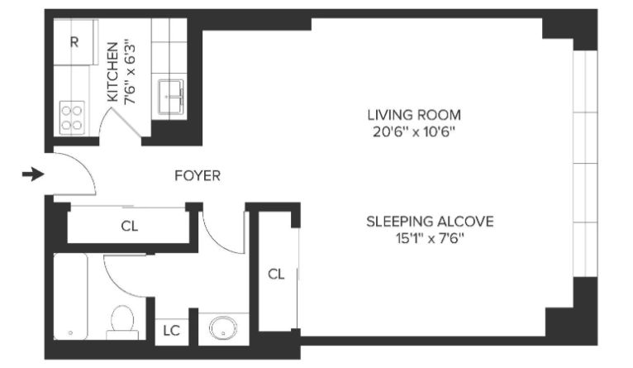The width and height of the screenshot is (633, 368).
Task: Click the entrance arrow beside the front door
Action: point(33,174)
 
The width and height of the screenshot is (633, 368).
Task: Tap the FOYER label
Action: point(198,175)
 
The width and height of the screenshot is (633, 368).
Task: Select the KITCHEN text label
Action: point(112,72)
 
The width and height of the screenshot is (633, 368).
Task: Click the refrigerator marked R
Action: point(75,41)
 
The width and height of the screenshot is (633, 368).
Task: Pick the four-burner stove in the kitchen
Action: point(72,117)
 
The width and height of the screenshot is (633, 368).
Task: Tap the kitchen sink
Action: point(171,97)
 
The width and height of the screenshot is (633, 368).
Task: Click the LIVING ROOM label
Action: point(414,115)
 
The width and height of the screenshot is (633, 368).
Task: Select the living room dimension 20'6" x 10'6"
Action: point(414,132)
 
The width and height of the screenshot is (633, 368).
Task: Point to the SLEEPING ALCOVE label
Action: point(430,222)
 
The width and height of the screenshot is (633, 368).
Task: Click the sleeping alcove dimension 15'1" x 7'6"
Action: point(430,239)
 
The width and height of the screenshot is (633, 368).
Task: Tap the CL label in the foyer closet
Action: point(130,226)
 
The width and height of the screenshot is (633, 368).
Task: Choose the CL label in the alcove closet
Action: point(276,275)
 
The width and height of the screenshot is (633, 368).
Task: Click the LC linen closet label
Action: point(171,331)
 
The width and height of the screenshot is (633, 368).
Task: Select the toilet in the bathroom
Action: point(122,323)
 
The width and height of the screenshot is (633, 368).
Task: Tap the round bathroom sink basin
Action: point(223,327)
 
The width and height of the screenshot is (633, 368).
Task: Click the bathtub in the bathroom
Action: point(70,297)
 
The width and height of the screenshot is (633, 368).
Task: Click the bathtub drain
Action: point(70,333)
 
